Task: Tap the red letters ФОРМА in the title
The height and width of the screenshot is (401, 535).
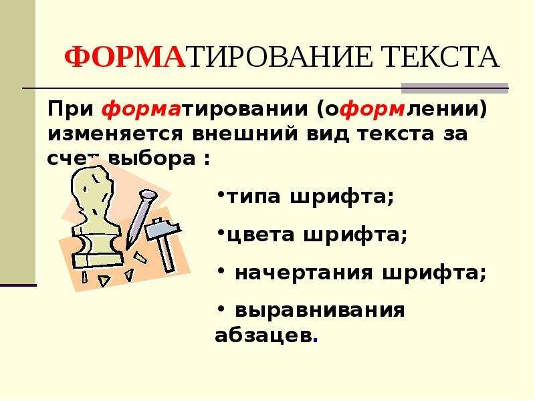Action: tap(124, 58)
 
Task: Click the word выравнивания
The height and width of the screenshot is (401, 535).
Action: tap(320, 311)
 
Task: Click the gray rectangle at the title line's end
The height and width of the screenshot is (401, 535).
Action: tap(454, 88)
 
